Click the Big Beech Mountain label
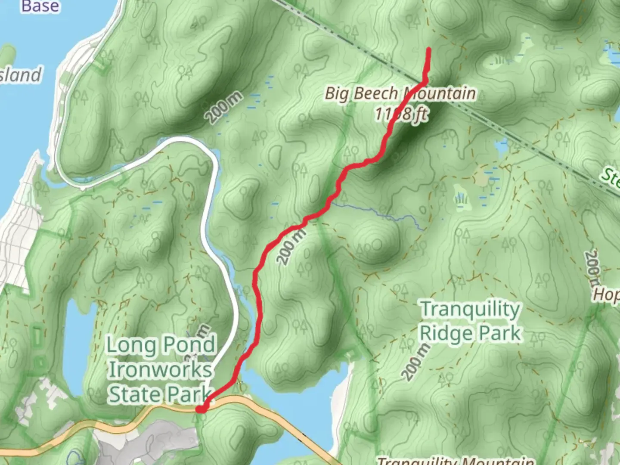(400, 93)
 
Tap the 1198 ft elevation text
(401, 114)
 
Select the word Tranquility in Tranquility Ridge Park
(470, 310)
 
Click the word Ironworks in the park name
(160, 369)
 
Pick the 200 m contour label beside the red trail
(291, 247)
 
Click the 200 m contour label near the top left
(223, 108)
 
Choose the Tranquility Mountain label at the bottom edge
(456, 461)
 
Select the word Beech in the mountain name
(379, 93)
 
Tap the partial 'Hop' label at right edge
(607, 294)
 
